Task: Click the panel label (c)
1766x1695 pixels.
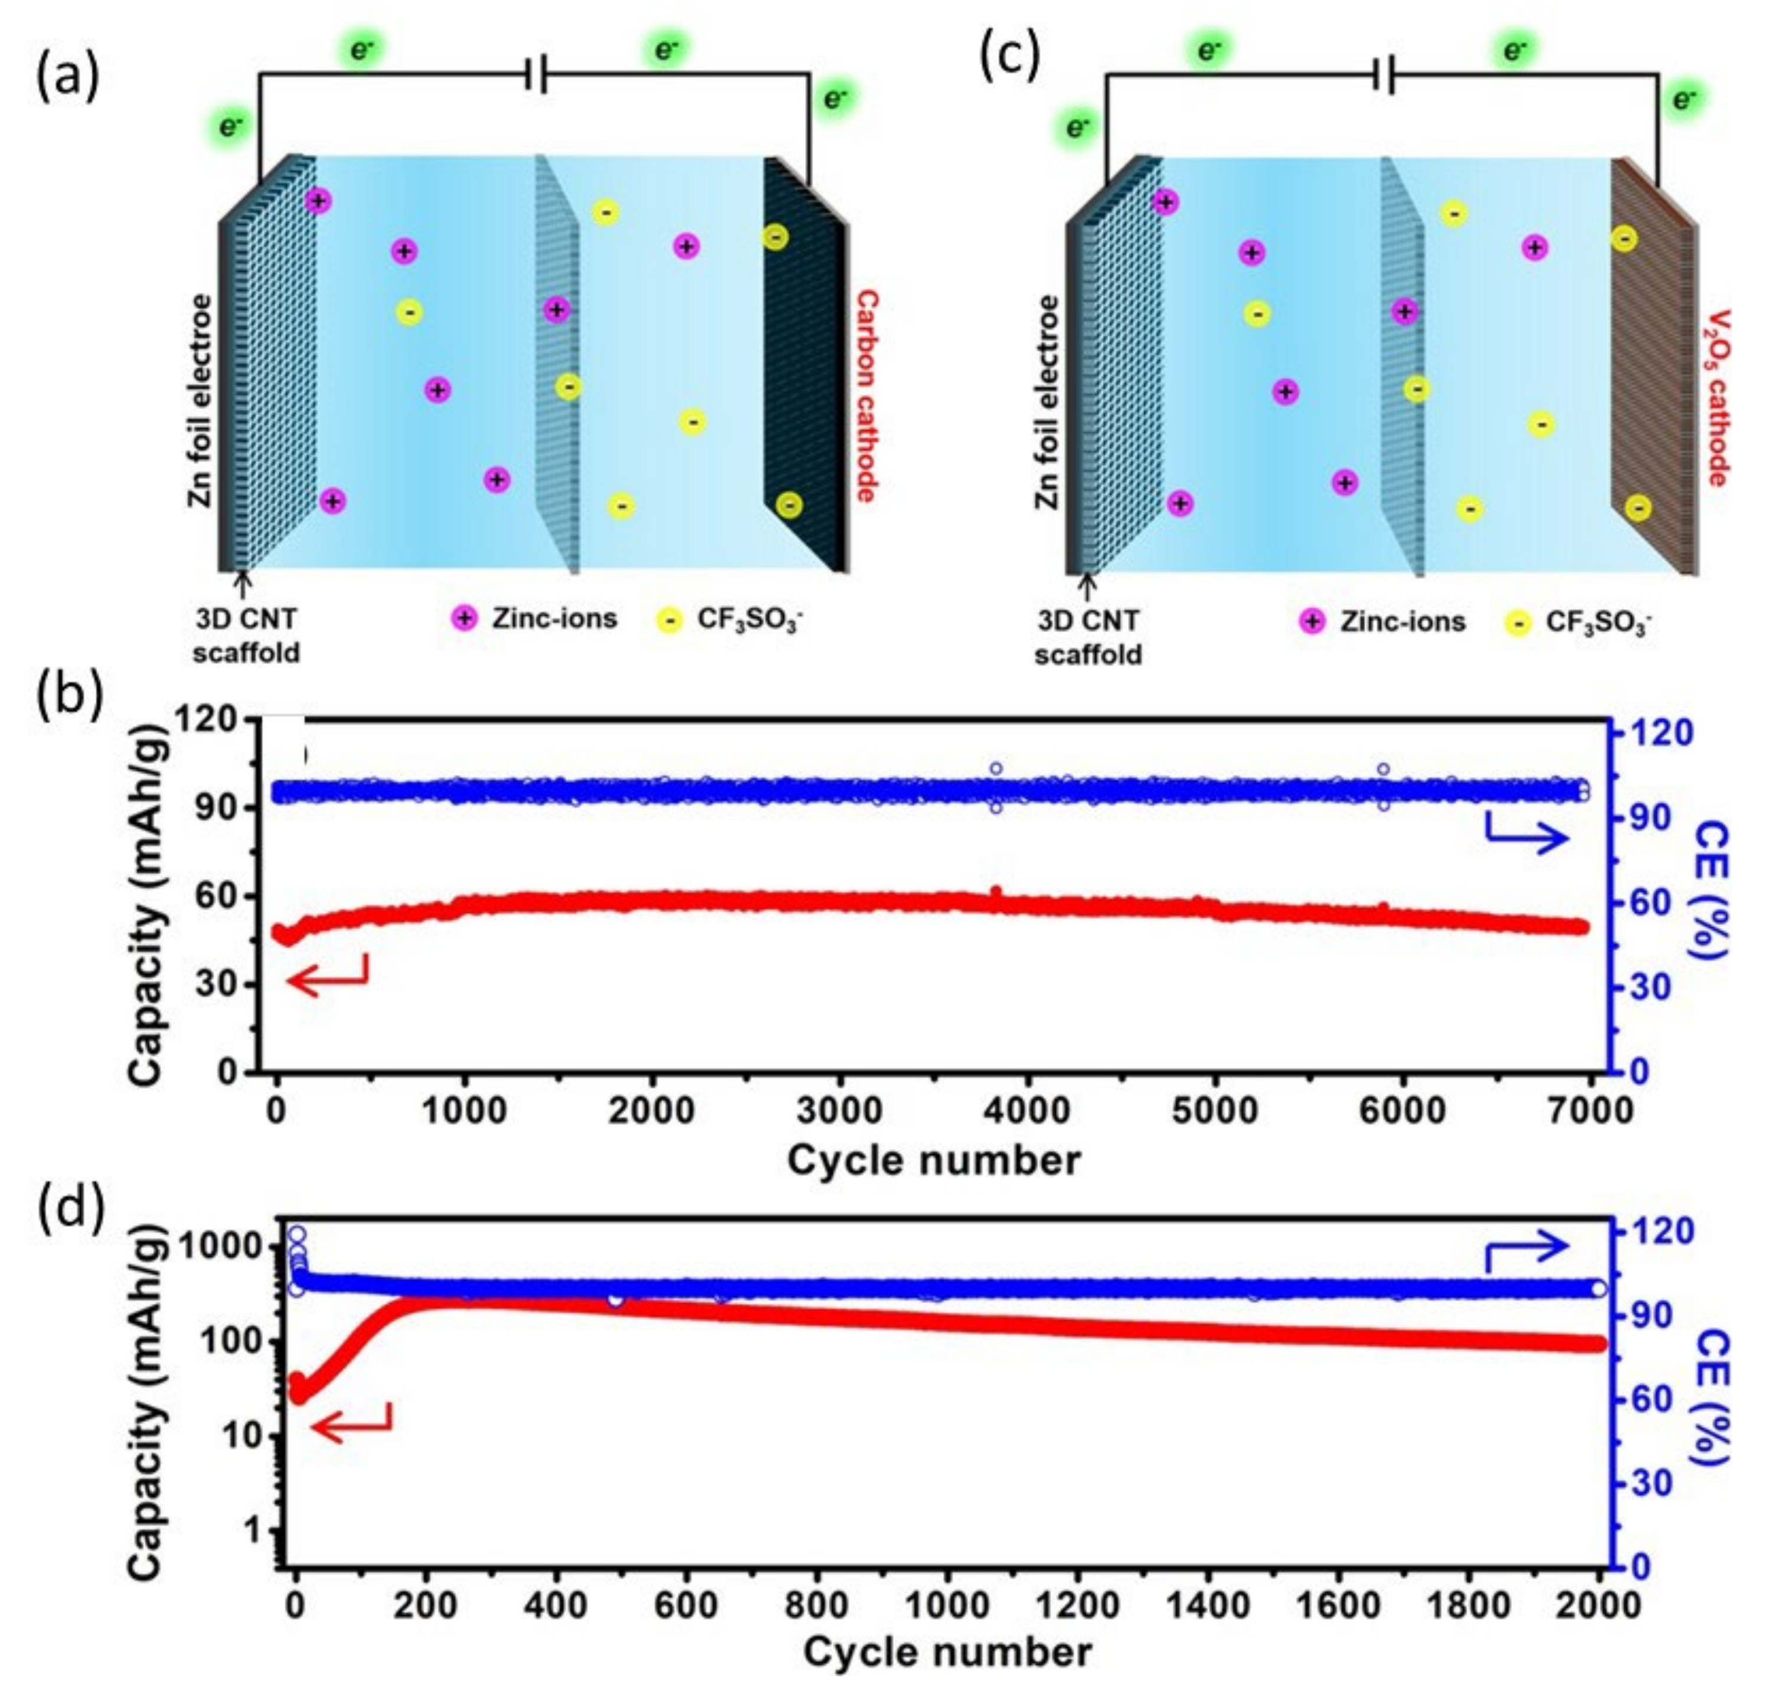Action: point(1009,56)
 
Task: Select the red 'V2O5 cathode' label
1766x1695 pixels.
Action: point(1718,397)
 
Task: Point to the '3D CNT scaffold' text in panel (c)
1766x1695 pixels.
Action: point(1088,637)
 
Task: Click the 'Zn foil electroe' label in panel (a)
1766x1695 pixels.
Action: point(200,400)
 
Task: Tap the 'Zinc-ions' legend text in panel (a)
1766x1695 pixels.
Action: point(553,618)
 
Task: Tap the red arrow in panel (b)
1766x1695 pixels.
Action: point(327,976)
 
